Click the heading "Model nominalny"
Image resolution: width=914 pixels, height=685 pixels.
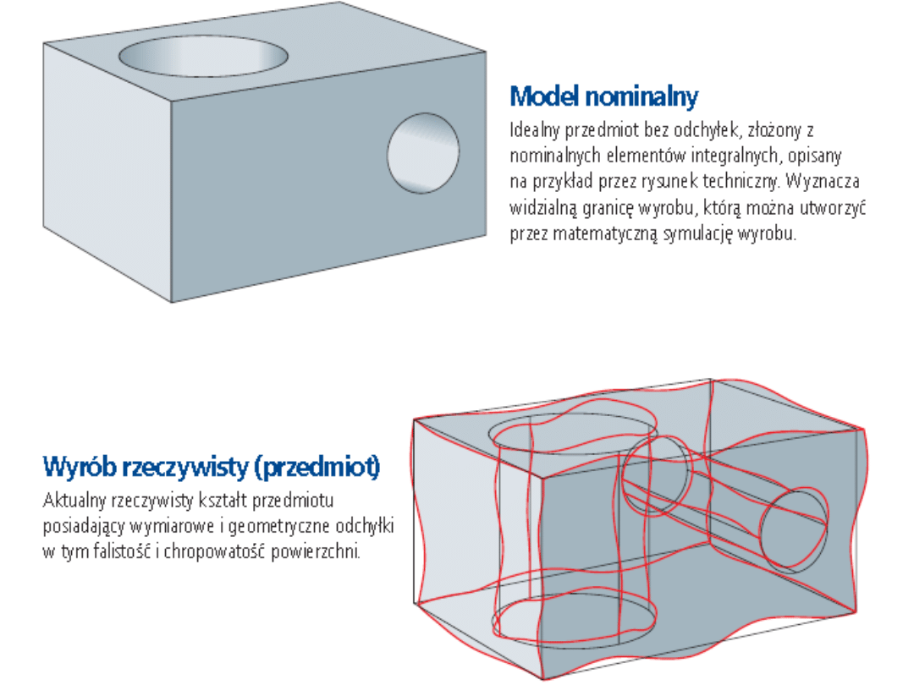[x=604, y=96]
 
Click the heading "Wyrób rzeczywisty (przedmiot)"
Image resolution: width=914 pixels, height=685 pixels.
[x=212, y=467]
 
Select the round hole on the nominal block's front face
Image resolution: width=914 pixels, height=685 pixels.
[x=423, y=153]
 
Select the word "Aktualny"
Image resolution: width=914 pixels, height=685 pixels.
[x=74, y=501]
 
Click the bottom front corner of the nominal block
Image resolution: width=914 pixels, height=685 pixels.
[x=171, y=302]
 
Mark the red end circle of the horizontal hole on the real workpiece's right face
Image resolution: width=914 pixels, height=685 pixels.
[x=794, y=529]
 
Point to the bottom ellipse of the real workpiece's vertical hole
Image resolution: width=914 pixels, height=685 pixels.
[x=574, y=620]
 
